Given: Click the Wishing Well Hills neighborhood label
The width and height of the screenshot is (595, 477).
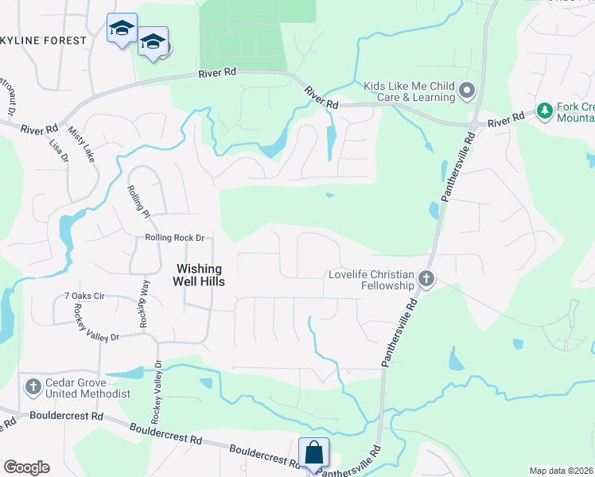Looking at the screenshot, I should [199, 275].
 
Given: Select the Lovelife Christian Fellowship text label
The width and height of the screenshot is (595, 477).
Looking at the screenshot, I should [372, 280].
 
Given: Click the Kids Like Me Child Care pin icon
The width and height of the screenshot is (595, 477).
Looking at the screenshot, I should [468, 91].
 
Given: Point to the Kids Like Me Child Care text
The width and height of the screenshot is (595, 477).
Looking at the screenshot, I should [410, 91].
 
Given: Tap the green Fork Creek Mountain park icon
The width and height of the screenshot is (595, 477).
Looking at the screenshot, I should [545, 111].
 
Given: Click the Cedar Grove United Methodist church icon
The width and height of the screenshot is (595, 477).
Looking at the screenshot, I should [33, 387].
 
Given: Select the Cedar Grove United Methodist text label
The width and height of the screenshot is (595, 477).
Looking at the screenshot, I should [87, 388].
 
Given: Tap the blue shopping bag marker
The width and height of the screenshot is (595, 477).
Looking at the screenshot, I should [313, 452].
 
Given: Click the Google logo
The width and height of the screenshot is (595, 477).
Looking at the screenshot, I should [26, 467].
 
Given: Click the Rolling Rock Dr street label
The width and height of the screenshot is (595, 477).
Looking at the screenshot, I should [175, 238].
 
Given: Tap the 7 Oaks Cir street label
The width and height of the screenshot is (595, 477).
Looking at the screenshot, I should [84, 296].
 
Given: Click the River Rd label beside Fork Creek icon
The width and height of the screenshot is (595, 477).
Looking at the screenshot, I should [507, 118].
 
